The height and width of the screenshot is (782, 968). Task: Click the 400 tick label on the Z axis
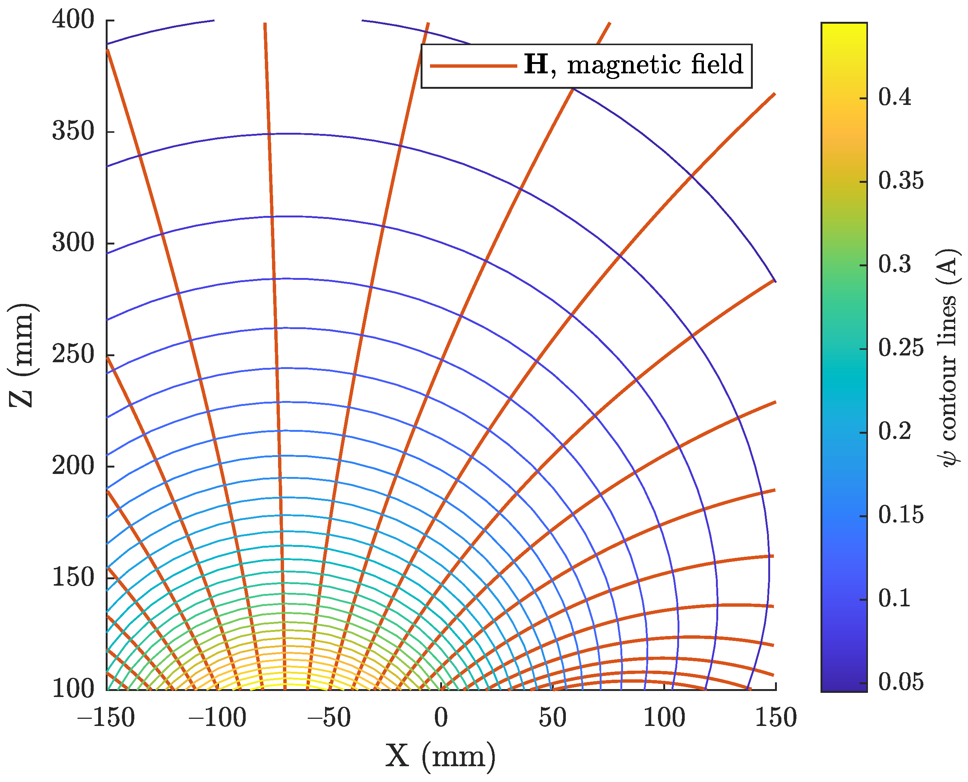tap(73, 20)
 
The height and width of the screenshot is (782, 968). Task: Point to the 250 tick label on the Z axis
tap(73, 354)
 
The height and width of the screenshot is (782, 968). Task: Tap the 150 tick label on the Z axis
tap(73, 577)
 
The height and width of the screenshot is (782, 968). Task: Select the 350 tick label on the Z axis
tap(73, 132)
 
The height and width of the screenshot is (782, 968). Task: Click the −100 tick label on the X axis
tap(217, 718)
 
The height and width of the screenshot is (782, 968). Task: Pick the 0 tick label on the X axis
tap(441, 718)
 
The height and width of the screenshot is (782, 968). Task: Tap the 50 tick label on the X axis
tap(552, 718)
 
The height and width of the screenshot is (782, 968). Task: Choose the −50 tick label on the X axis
tap(329, 718)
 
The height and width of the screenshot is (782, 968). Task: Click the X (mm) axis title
tap(441, 756)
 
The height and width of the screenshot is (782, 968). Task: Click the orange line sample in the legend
tap(473, 66)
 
